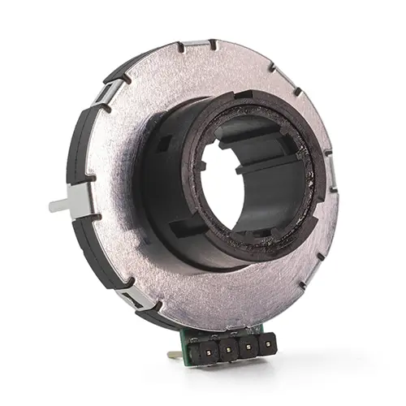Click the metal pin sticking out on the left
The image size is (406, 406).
(58, 205)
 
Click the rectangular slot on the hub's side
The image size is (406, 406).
(162, 149)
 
